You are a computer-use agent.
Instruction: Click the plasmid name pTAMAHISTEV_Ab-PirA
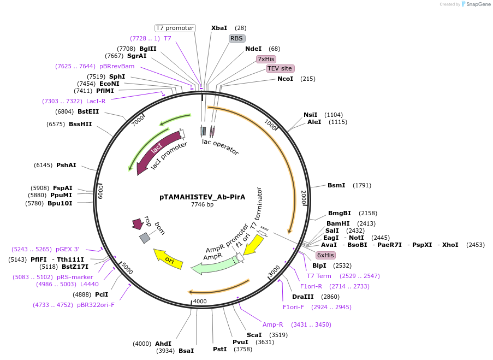click(x=202, y=197)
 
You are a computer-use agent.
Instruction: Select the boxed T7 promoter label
click(x=175, y=28)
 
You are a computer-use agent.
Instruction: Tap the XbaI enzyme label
click(x=219, y=28)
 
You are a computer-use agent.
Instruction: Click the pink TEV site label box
click(x=280, y=68)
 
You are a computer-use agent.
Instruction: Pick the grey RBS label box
click(x=236, y=38)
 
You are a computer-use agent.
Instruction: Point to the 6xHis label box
click(x=325, y=255)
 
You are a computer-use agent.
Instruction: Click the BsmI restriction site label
click(x=336, y=185)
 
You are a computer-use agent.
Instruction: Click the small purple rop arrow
click(x=137, y=223)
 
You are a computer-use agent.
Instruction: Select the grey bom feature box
click(x=145, y=238)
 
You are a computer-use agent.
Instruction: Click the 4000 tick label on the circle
click(x=200, y=301)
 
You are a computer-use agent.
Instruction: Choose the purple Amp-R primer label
click(x=273, y=324)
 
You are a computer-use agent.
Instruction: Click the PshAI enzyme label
click(x=66, y=165)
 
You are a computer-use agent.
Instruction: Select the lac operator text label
click(x=220, y=146)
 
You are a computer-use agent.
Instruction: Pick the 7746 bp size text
click(x=202, y=205)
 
